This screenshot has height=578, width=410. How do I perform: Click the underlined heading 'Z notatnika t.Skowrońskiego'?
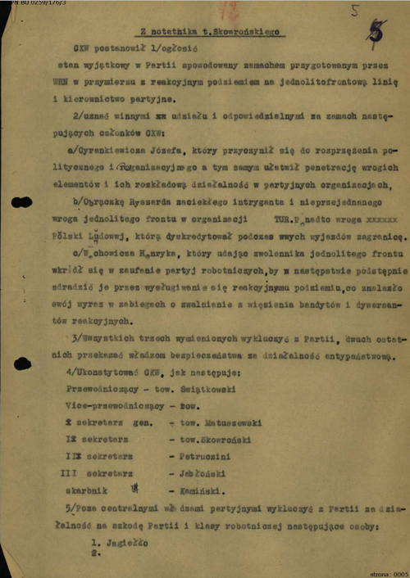click(x=209, y=31)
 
